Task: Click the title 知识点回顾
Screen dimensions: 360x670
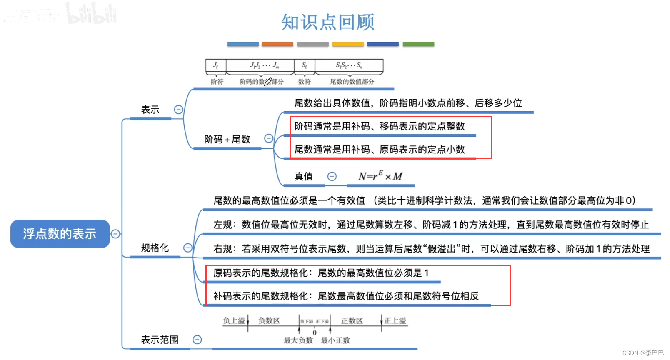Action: click(x=328, y=22)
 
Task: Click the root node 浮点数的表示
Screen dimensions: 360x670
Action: click(x=60, y=234)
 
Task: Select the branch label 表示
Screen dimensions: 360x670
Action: click(x=150, y=110)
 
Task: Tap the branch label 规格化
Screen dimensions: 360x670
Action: click(x=155, y=248)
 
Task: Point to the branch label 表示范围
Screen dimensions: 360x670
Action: click(x=160, y=340)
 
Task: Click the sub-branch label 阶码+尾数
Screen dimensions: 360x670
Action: click(x=227, y=139)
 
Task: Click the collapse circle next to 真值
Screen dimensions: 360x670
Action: click(x=332, y=176)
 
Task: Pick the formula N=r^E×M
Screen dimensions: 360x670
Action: click(x=380, y=176)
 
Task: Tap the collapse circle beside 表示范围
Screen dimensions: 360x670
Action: click(x=197, y=340)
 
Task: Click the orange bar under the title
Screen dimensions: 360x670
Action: click(x=277, y=44)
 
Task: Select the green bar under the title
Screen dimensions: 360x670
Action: click(x=418, y=44)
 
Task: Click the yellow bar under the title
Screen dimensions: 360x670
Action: click(x=348, y=44)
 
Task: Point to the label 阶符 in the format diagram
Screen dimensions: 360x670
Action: click(x=217, y=82)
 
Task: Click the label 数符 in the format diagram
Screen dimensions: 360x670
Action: click(x=305, y=82)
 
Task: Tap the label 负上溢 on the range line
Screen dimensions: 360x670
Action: click(x=234, y=320)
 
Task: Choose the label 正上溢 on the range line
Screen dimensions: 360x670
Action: click(x=395, y=320)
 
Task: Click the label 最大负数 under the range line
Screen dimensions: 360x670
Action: click(x=298, y=340)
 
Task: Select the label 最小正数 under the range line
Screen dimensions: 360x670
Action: click(x=335, y=340)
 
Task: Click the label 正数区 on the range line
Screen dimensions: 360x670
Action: click(x=352, y=320)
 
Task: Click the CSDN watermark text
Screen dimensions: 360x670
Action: click(x=643, y=353)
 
